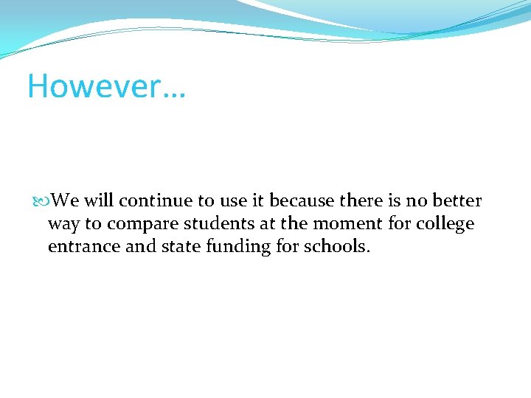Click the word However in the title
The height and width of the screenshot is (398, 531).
click(x=93, y=86)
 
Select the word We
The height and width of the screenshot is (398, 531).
click(x=66, y=200)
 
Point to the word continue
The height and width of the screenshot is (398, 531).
click(x=153, y=200)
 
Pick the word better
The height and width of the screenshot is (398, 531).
click(x=457, y=200)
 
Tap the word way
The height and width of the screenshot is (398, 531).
click(x=64, y=225)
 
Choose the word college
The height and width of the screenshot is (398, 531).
click(x=445, y=223)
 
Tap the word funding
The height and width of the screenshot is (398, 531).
click(x=237, y=246)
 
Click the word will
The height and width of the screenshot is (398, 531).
click(x=99, y=200)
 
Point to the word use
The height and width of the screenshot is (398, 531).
click(x=234, y=200)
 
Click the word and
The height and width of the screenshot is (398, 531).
click(x=140, y=246)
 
